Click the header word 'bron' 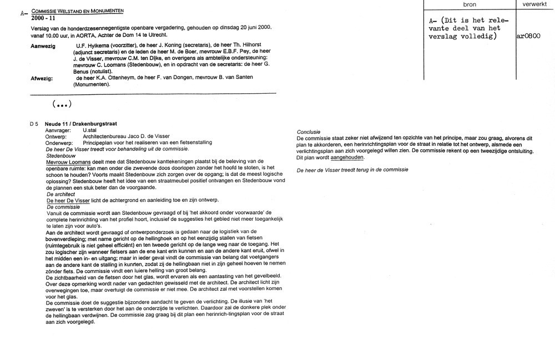click(x=470, y=4)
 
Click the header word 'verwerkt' click(x=534, y=4)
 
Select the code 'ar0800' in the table click(x=528, y=37)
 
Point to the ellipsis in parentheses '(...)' click(x=62, y=104)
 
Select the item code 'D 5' click(x=34, y=123)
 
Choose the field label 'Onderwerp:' click(x=59, y=143)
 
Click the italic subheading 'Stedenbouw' click(x=60, y=156)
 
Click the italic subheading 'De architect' click(x=62, y=194)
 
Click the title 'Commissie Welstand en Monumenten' click(x=78, y=11)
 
